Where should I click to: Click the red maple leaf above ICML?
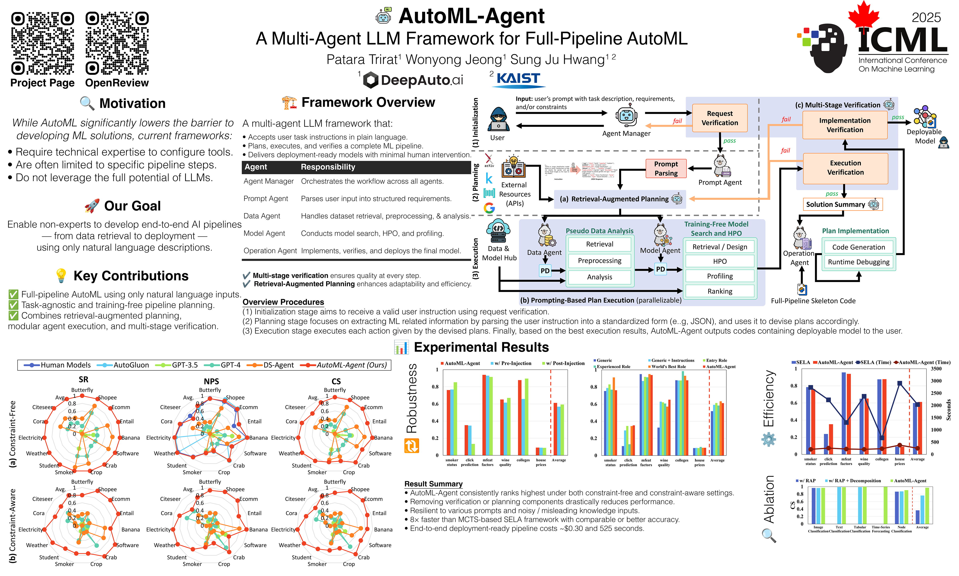coord(863,15)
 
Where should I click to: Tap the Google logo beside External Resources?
coord(489,208)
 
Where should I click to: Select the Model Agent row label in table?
coord(264,233)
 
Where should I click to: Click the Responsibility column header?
coord(328,167)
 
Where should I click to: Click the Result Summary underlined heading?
coord(433,484)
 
